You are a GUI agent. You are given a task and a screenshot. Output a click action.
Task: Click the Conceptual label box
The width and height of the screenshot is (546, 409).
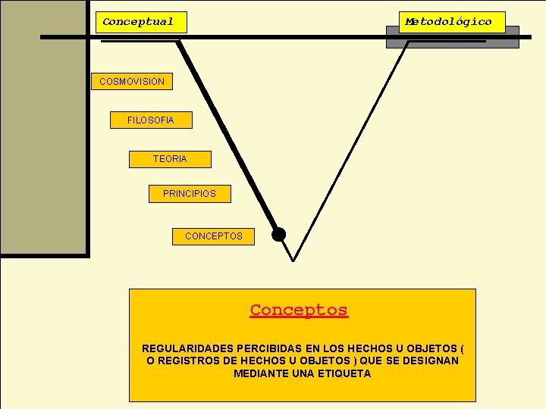point(141,22)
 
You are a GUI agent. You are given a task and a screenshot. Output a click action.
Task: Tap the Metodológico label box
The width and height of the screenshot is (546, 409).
point(452,22)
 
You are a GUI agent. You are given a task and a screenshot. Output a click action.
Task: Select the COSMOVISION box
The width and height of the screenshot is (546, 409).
point(132,81)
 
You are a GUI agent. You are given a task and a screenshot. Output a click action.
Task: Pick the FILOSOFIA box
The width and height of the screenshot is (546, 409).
point(151,120)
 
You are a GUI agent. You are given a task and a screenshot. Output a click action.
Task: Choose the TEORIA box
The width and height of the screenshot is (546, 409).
point(170,158)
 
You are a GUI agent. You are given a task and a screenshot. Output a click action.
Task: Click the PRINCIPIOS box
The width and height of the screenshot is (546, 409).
point(190,194)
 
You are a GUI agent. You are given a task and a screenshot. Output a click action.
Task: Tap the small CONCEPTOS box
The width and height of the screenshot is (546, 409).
point(214,236)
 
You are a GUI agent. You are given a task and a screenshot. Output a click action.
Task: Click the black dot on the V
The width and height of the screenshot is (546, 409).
point(279,234)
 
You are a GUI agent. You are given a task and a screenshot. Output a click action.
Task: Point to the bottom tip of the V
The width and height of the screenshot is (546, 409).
point(293,261)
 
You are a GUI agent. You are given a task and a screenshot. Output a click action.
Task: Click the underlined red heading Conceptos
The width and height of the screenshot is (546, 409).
point(299,310)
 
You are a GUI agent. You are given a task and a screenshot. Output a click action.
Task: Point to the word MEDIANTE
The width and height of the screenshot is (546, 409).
point(259,373)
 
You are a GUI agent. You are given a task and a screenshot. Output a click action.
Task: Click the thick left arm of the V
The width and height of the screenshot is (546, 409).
point(227,136)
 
